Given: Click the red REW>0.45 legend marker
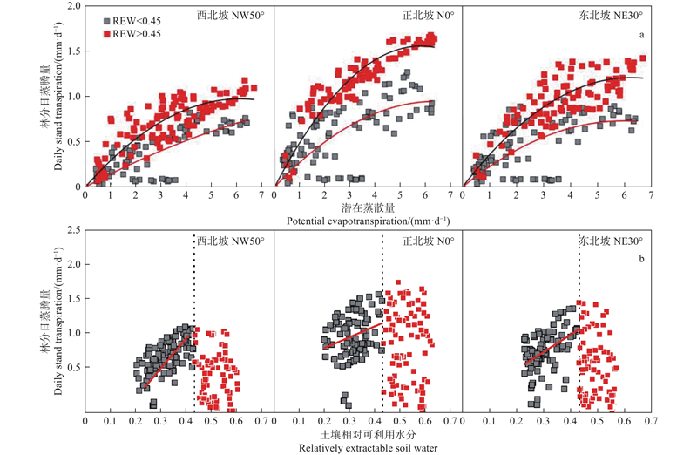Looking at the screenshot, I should (105, 33).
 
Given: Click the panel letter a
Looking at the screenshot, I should (642, 35).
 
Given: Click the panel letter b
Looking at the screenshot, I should (642, 259).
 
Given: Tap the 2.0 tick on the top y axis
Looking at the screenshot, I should (74, 7).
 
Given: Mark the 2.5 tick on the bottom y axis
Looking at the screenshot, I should (74, 229).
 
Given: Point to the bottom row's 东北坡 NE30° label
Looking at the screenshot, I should (612, 241).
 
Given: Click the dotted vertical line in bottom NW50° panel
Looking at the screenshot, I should (193, 331).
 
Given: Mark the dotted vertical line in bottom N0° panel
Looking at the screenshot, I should (382, 331).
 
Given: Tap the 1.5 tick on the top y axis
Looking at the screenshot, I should (74, 51).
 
